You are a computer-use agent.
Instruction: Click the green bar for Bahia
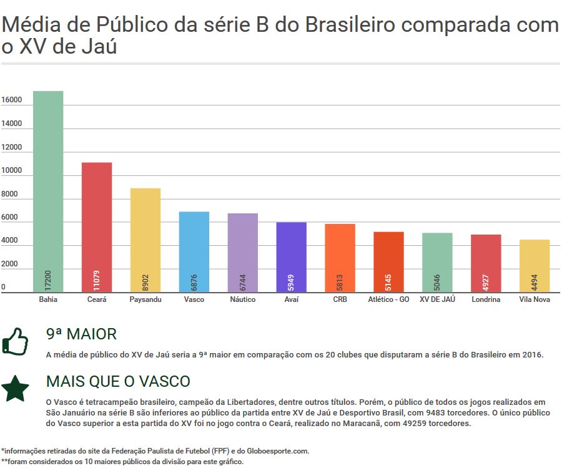(48, 187)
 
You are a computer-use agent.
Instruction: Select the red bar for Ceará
(97, 225)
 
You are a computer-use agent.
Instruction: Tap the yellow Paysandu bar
(145, 237)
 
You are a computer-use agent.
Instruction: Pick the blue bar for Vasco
(194, 250)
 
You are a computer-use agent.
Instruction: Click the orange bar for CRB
(340, 256)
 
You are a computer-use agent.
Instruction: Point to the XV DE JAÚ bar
(437, 259)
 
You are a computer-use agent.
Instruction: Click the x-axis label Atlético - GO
(388, 299)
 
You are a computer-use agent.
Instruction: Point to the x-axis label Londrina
(486, 299)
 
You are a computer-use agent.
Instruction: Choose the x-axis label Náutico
(243, 299)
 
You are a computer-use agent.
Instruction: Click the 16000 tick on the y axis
(12, 100)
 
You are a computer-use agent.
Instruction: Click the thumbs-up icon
(16, 341)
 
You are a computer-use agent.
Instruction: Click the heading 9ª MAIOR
(81, 334)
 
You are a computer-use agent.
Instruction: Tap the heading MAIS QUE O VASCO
(118, 381)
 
